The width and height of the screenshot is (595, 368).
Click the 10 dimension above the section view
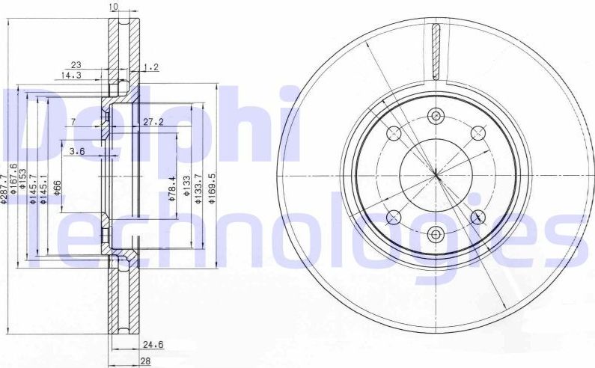click(114, 7)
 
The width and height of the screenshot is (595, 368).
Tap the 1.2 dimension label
click(152, 67)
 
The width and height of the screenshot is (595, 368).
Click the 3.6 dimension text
click(77, 152)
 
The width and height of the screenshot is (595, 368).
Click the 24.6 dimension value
click(153, 346)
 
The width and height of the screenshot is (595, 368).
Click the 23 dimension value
click(76, 65)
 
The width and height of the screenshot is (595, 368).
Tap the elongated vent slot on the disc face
click(436, 51)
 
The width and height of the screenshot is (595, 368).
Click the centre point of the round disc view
click(436, 174)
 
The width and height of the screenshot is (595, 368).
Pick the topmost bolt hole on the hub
click(436, 115)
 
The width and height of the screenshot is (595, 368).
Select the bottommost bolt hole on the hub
click(436, 234)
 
